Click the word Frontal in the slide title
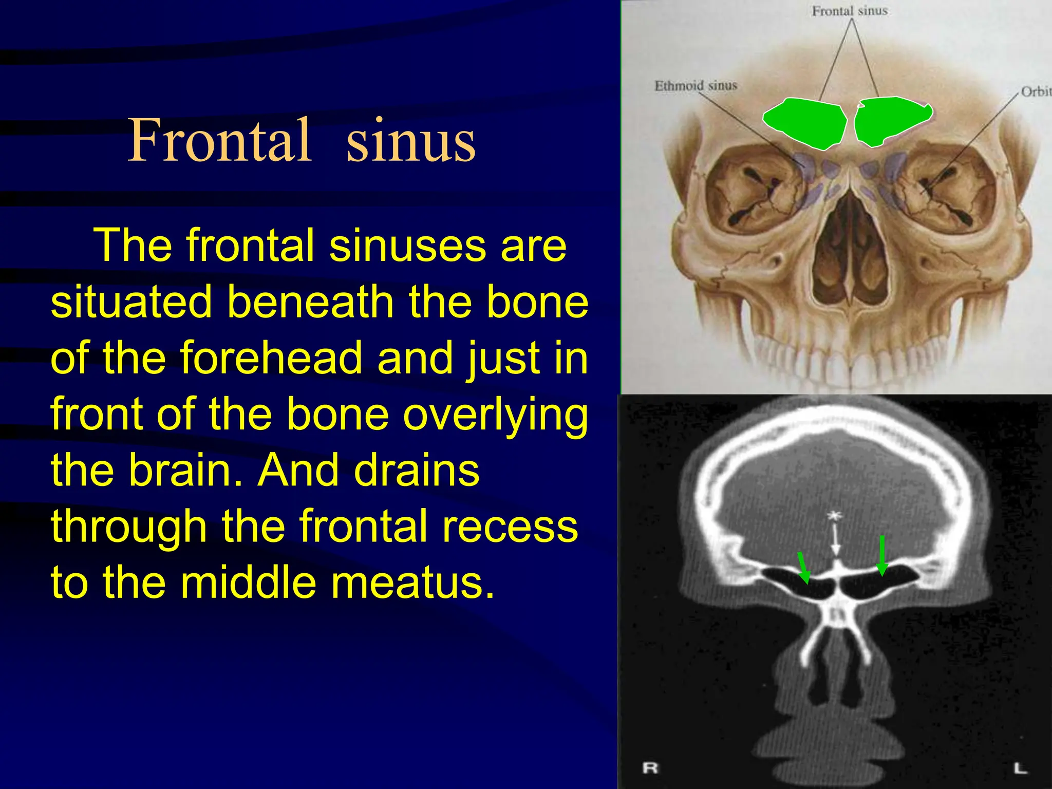click(x=219, y=140)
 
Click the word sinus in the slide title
click(x=411, y=141)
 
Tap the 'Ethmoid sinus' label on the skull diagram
click(x=696, y=85)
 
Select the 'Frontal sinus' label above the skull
click(x=850, y=11)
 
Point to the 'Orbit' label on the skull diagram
click(x=1035, y=91)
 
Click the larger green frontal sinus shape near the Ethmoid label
click(x=805, y=123)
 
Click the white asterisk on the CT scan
click(x=834, y=515)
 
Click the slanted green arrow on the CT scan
click(x=803, y=568)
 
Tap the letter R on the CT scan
click(x=650, y=768)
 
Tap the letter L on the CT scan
click(x=1020, y=768)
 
